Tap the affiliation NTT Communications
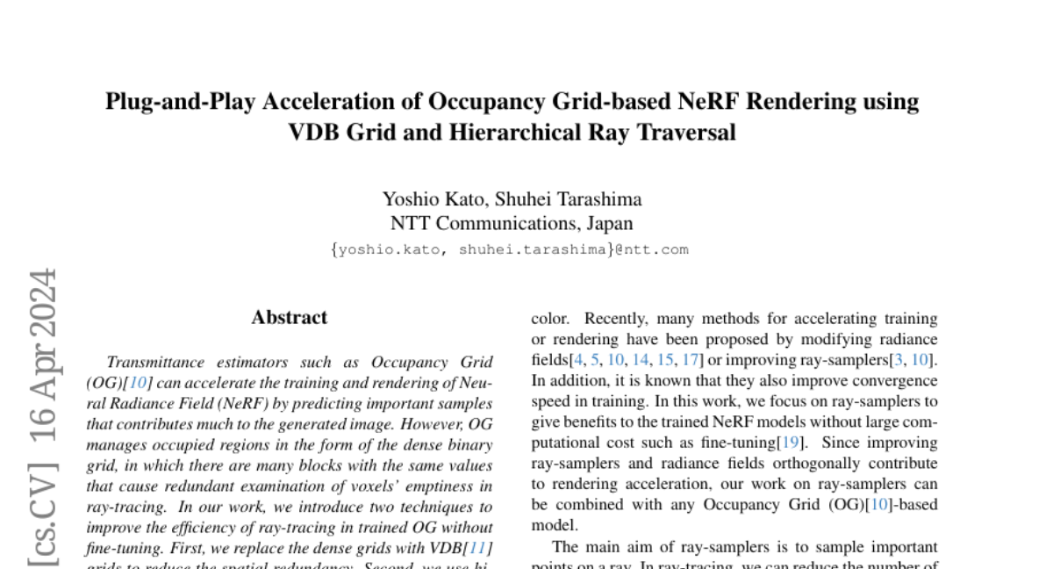tap(490, 223)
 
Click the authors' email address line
tap(510, 249)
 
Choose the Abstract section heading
tap(289, 318)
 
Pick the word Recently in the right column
tap(616, 319)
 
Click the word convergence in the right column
tap(894, 380)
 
